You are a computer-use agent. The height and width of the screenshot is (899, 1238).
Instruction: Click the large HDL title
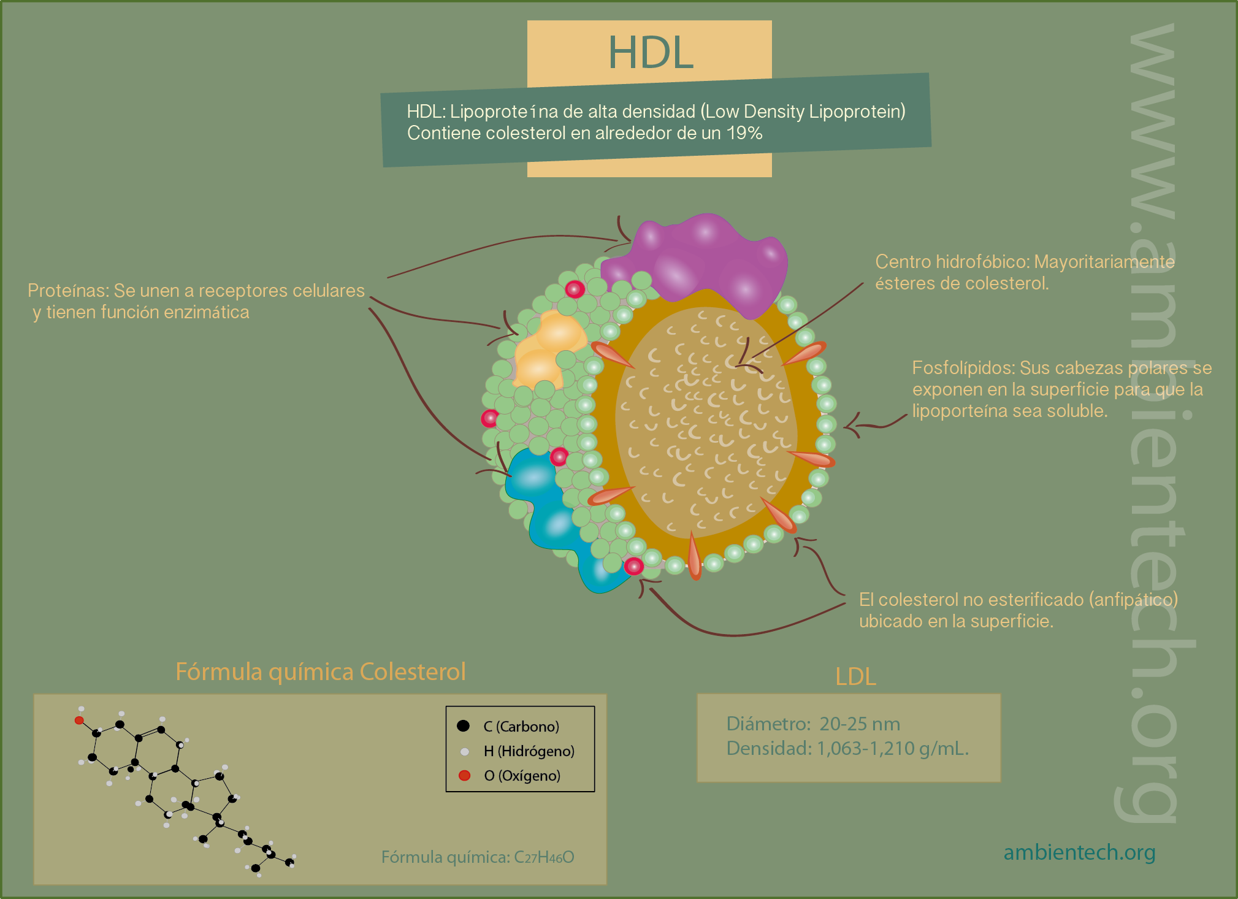(651, 53)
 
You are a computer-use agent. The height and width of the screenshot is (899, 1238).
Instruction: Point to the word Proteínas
(68, 290)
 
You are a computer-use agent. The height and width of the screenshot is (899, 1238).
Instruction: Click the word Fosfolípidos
(963, 368)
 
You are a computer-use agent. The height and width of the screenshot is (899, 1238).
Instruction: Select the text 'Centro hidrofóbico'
(952, 262)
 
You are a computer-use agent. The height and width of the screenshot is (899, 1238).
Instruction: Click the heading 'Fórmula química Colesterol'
(321, 671)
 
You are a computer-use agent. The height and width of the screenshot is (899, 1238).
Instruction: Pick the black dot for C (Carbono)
(463, 726)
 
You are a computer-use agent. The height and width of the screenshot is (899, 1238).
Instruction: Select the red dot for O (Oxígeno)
(464, 776)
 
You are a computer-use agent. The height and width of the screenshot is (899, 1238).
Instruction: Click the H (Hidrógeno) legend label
(529, 751)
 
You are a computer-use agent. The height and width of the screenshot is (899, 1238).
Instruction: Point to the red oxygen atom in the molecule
(79, 720)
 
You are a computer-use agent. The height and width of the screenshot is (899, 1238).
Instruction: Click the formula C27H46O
(544, 857)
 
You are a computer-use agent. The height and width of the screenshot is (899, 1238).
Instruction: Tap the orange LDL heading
(856, 676)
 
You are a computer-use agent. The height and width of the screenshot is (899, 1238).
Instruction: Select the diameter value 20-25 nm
(860, 724)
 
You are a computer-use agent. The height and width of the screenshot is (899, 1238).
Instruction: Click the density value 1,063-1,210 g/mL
(893, 749)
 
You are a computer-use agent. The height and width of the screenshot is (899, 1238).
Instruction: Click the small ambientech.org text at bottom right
(1079, 852)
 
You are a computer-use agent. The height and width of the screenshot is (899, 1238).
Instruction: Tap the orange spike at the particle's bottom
(694, 555)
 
